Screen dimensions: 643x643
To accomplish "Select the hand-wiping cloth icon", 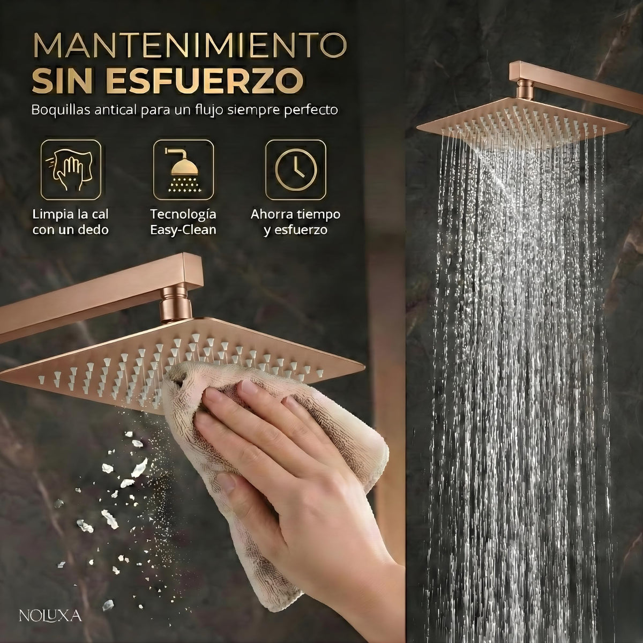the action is [70, 170].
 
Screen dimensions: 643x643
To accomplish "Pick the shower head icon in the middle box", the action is [183, 170].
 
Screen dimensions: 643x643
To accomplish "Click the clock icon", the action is [296, 170].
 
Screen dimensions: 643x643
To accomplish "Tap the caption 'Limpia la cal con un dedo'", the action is [70, 222].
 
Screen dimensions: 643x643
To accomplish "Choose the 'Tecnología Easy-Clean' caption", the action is [183, 222].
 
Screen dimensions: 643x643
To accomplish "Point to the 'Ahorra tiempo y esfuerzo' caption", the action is [295, 222].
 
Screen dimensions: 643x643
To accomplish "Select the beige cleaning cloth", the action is [267, 467].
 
